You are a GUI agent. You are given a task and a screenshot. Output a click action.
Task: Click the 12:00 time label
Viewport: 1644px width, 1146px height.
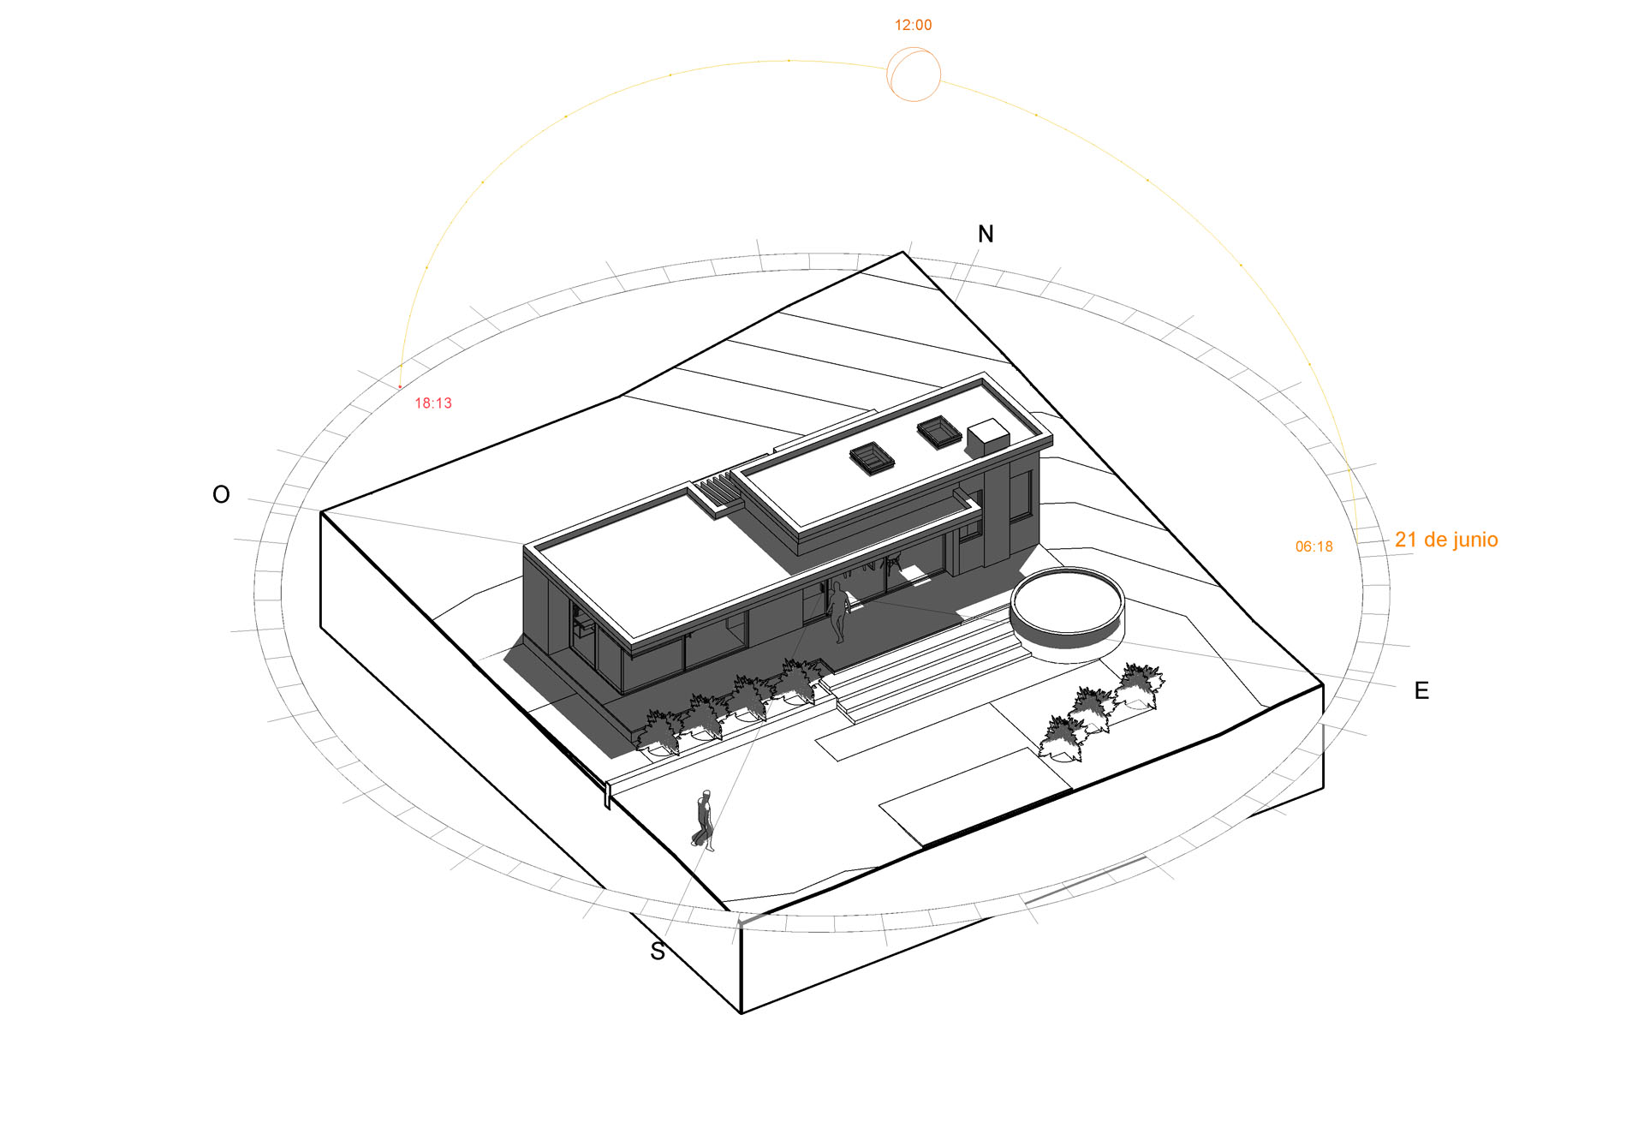(913, 26)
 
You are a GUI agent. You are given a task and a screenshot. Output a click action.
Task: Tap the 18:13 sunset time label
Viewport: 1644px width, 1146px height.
(433, 403)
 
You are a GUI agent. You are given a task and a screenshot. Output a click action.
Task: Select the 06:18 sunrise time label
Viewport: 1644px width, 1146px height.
(1314, 546)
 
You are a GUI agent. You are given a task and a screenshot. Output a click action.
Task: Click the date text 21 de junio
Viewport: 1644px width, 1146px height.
(1446, 540)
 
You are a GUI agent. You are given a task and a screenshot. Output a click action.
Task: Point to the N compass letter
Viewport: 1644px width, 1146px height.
(986, 234)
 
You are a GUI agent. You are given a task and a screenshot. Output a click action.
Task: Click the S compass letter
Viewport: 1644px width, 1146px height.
(658, 952)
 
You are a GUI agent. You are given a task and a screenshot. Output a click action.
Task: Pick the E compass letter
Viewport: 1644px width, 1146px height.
(1421, 690)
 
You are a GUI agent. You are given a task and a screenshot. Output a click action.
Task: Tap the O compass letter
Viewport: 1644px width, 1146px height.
(221, 494)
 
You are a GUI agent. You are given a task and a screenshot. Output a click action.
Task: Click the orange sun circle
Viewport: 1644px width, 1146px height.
(914, 75)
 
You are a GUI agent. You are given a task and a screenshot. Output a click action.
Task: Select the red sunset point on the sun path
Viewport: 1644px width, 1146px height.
(400, 387)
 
